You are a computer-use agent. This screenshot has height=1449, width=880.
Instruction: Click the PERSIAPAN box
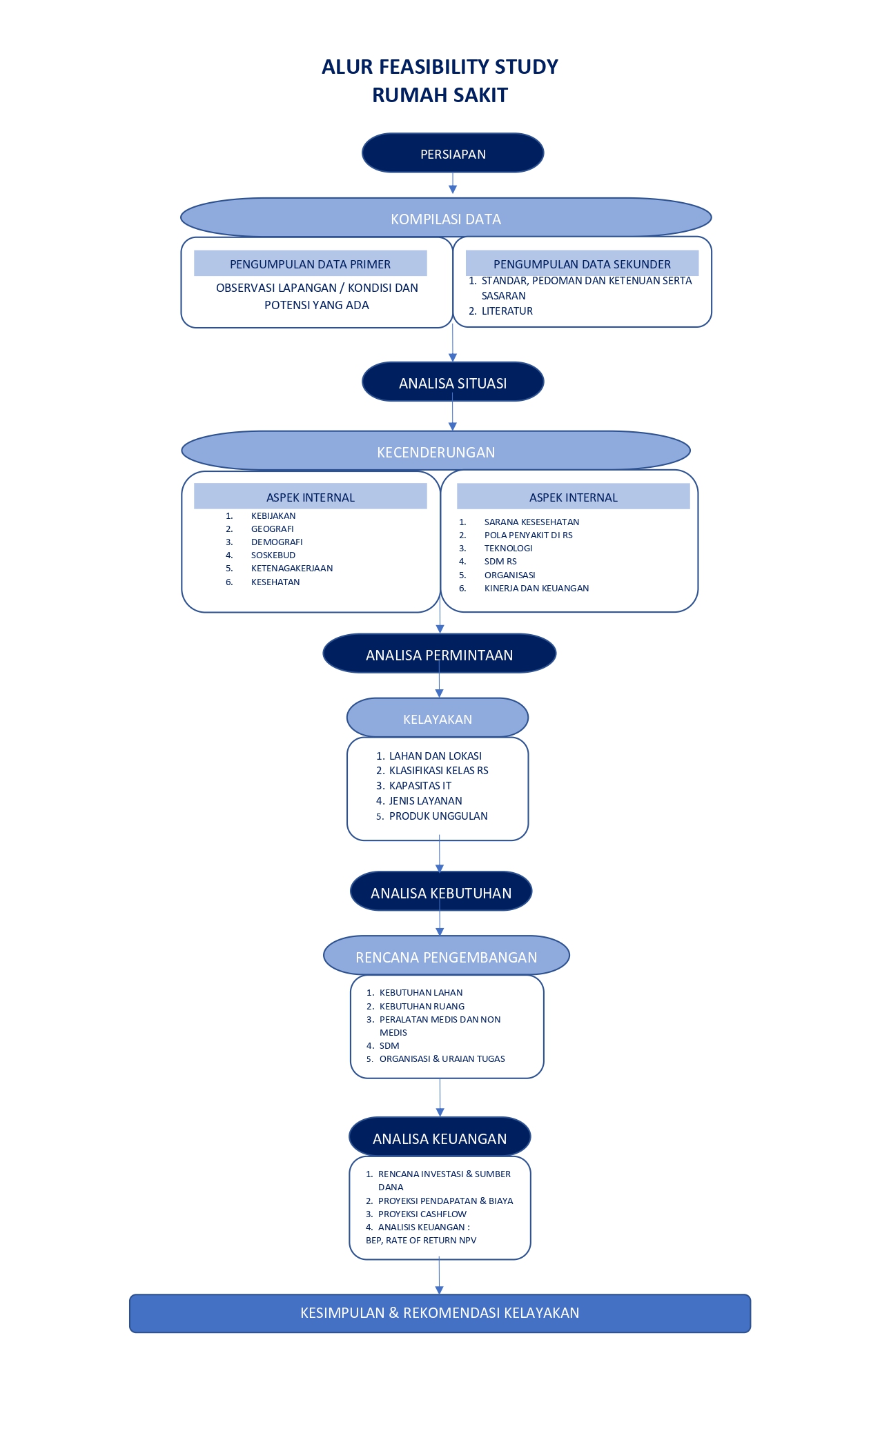(453, 153)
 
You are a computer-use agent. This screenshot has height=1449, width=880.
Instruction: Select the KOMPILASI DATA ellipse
(446, 218)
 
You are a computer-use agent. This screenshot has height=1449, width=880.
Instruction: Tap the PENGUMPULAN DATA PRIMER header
(311, 264)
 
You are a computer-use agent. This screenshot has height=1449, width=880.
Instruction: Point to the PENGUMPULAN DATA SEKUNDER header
(582, 264)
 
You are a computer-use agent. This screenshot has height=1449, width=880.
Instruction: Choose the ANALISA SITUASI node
(453, 382)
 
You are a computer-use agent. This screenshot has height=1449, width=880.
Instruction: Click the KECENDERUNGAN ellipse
(436, 451)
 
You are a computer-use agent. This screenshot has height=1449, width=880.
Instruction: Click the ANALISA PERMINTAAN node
(440, 654)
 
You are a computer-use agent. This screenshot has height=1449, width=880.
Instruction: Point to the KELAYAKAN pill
(438, 718)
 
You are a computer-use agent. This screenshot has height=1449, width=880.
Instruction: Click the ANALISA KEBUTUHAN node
(441, 892)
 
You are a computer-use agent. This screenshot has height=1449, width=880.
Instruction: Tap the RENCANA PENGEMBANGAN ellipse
(447, 956)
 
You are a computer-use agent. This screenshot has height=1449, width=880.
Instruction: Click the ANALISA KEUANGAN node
(440, 1138)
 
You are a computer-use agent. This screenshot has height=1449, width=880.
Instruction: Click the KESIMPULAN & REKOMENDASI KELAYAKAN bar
(440, 1313)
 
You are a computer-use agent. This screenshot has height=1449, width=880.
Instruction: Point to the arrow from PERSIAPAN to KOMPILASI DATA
(453, 184)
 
